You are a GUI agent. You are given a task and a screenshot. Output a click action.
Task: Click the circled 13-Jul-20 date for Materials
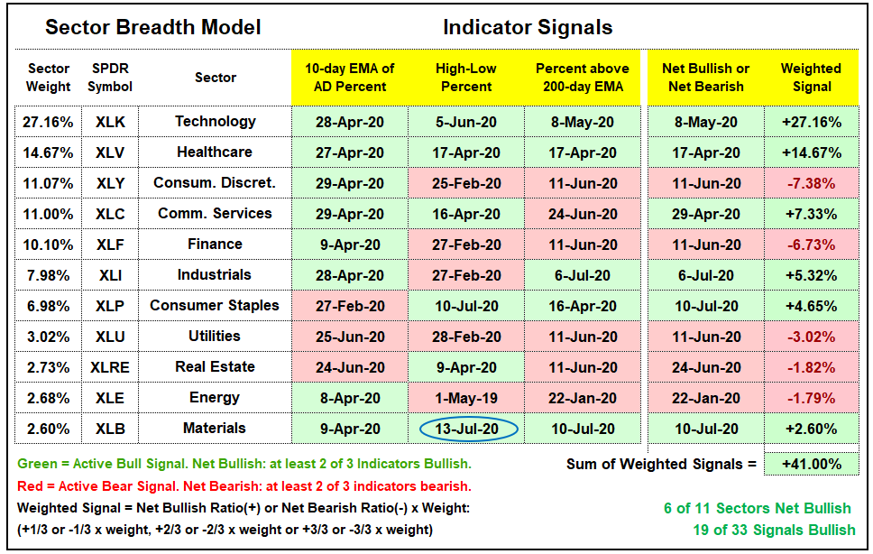tap(468, 429)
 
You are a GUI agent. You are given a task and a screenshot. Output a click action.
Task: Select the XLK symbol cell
tap(110, 122)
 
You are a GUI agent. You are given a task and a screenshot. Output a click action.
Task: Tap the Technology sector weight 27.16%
tap(48, 122)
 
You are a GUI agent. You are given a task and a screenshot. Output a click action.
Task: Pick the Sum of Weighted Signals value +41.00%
tap(811, 464)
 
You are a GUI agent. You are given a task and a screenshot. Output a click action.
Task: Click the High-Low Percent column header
tap(466, 78)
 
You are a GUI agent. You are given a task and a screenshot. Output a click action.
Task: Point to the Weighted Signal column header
tap(811, 78)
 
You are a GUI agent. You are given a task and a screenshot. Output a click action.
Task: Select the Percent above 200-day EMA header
tap(583, 78)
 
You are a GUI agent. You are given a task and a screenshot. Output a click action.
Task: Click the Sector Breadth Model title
tap(152, 27)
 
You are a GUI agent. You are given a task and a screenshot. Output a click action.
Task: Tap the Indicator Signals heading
tap(528, 27)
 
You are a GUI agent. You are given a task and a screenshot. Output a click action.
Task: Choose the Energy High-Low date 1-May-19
tap(466, 398)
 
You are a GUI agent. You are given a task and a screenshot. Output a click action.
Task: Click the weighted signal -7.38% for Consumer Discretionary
tap(811, 183)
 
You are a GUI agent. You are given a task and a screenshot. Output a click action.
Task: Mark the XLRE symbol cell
tap(110, 367)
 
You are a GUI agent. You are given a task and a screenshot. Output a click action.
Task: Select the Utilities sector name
tap(215, 336)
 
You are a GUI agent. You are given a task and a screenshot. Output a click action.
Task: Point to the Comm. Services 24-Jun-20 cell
tap(583, 214)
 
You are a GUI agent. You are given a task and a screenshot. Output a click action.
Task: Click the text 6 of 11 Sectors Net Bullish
tap(758, 508)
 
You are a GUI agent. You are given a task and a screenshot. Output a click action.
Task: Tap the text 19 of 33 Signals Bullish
tap(774, 530)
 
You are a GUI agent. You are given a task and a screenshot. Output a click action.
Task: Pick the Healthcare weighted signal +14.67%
tap(811, 152)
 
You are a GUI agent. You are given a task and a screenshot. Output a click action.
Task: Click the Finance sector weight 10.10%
tap(48, 245)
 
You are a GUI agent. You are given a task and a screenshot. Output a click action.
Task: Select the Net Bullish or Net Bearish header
tap(705, 78)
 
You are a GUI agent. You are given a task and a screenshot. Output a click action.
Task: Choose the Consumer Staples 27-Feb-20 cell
tap(350, 306)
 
